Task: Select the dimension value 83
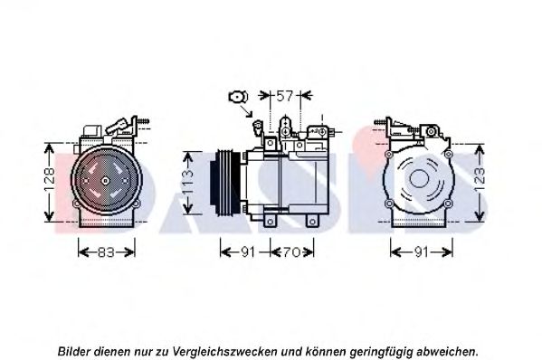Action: pos(106,252)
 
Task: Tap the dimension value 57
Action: pos(285,96)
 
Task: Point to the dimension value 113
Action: pos(188,182)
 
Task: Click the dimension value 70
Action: pos(292,252)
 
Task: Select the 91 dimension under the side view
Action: pos(248,252)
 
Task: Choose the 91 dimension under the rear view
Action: pos(422,252)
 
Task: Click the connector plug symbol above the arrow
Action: pos(238,97)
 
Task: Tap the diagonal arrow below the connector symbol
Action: pos(246,111)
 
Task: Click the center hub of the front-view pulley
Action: pos(106,180)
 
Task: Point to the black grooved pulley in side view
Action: pos(225,182)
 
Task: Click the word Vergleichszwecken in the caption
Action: pos(224,352)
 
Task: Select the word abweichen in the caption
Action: pos(447,352)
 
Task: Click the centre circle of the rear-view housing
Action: pos(419,178)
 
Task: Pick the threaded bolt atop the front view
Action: pos(143,121)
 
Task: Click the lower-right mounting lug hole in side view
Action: pos(312,222)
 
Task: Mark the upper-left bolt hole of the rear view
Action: pos(389,154)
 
